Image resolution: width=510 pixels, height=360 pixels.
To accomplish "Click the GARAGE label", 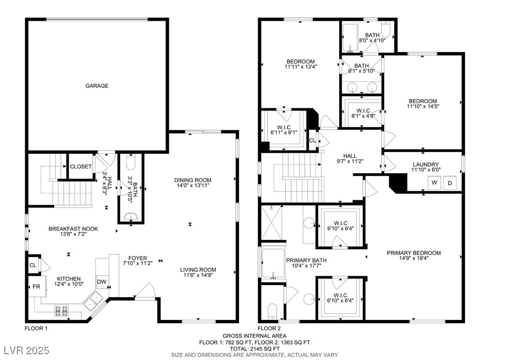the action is [97, 86].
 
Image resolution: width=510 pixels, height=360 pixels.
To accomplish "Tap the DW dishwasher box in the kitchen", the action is [102, 282].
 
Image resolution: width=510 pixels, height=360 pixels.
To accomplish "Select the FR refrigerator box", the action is [36, 286].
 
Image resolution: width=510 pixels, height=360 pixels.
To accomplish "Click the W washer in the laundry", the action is [434, 182].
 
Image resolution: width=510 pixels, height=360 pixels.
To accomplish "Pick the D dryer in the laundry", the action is [450, 183].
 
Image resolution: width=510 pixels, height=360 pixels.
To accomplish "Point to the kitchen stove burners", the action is [61, 311].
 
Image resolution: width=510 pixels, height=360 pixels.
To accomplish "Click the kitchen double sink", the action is [93, 300].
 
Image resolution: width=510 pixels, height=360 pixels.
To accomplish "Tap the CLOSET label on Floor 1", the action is [81, 166].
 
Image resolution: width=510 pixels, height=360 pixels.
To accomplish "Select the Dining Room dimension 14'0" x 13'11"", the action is [193, 185].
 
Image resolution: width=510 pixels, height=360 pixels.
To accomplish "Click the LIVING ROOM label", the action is [198, 270].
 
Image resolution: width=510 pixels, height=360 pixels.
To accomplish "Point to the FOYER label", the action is [137, 258].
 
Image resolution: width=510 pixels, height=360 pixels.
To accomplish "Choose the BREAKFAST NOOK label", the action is [73, 229].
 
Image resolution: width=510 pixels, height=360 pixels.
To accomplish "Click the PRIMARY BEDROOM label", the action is [414, 253].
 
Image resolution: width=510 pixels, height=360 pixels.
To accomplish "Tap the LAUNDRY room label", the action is [426, 165].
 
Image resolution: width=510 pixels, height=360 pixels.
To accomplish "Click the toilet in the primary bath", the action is [272, 311].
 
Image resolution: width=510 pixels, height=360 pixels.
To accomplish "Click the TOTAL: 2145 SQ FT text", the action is [255, 348].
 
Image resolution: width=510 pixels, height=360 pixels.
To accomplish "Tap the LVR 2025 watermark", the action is [27, 350].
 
